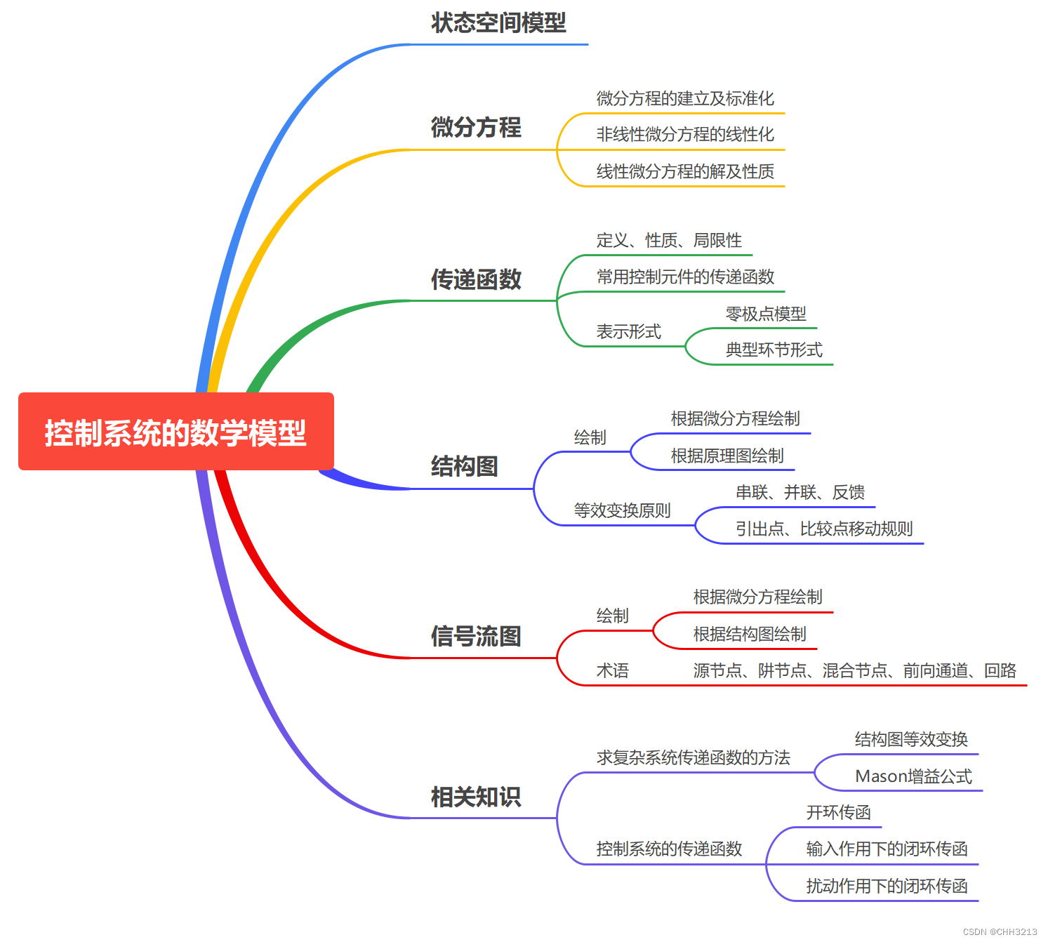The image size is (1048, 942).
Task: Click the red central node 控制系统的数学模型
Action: tap(175, 432)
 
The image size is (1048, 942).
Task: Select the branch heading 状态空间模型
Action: tap(498, 23)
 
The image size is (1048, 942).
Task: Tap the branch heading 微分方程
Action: tap(476, 127)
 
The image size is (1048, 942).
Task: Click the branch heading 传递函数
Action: tap(476, 279)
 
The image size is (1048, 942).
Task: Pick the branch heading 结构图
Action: tap(465, 466)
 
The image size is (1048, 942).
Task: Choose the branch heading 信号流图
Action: tap(476, 637)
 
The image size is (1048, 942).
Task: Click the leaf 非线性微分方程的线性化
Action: tap(685, 134)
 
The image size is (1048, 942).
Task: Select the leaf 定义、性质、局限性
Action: tap(669, 241)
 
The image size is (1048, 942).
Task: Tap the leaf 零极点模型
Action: tap(766, 314)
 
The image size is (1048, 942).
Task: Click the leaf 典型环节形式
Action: tap(774, 350)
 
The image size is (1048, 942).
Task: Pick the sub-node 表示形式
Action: tap(628, 331)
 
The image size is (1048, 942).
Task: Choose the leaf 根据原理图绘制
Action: tap(727, 456)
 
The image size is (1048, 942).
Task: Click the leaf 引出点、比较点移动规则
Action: tap(824, 529)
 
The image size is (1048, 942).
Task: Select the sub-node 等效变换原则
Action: tap(622, 510)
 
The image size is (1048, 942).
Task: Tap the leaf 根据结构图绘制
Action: tap(750, 634)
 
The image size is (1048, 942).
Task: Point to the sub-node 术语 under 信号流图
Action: tap(612, 670)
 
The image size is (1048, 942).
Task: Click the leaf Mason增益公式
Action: tap(913, 776)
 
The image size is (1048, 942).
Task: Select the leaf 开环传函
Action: tap(838, 812)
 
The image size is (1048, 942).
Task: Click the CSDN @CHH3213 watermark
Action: tap(1000, 932)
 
